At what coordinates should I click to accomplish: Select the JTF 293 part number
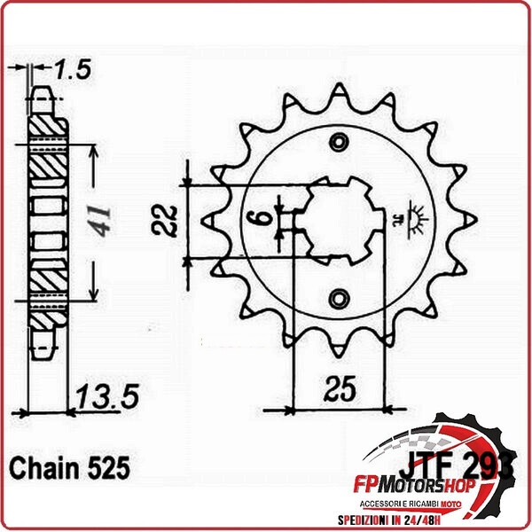click(452, 464)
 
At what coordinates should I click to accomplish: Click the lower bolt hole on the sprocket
click(338, 297)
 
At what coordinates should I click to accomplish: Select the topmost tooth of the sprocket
click(339, 91)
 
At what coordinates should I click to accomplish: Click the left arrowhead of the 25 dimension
click(292, 411)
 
